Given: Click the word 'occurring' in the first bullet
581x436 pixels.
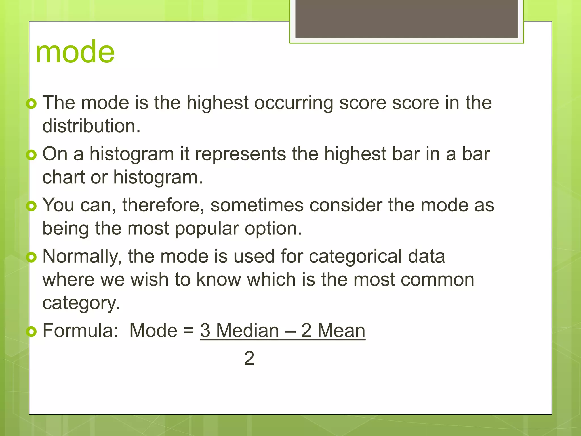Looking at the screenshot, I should click(294, 103).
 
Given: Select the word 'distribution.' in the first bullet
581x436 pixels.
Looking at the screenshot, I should click(91, 126).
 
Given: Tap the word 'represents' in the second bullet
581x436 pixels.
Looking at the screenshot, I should click(241, 154).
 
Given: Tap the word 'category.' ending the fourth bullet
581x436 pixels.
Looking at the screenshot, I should click(81, 303).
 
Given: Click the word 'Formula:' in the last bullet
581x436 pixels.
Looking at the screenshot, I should click(80, 331).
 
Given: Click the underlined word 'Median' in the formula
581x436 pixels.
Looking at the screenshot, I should click(247, 331).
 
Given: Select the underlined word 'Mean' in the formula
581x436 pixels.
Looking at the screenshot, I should click(341, 331).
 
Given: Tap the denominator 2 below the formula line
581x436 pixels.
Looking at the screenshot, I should click(249, 359).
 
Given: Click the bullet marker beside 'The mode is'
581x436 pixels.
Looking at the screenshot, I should click(31, 104).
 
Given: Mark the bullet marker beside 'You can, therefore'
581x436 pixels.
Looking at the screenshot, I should click(31, 206).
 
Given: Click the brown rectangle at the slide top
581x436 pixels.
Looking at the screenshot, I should click(407, 19).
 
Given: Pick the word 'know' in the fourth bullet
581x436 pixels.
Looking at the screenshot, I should click(219, 280).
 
